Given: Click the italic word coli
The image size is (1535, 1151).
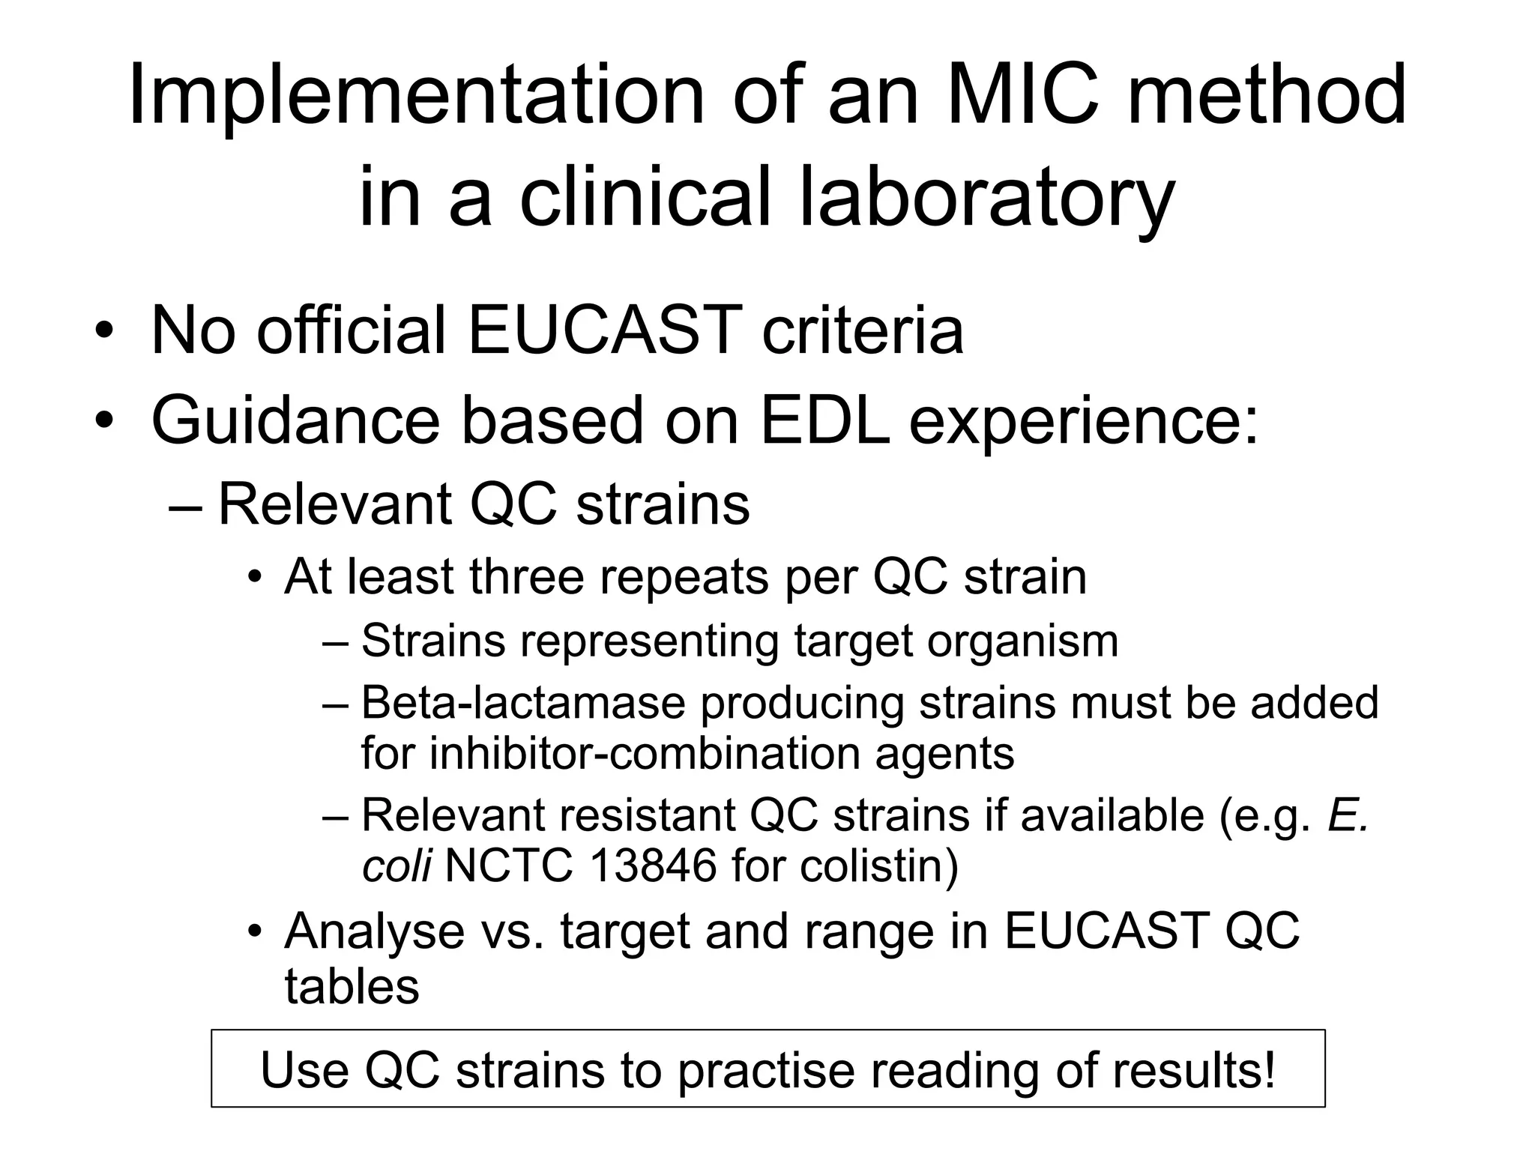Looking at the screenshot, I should tap(396, 866).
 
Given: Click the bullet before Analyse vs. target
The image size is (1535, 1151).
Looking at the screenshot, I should tap(255, 932).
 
